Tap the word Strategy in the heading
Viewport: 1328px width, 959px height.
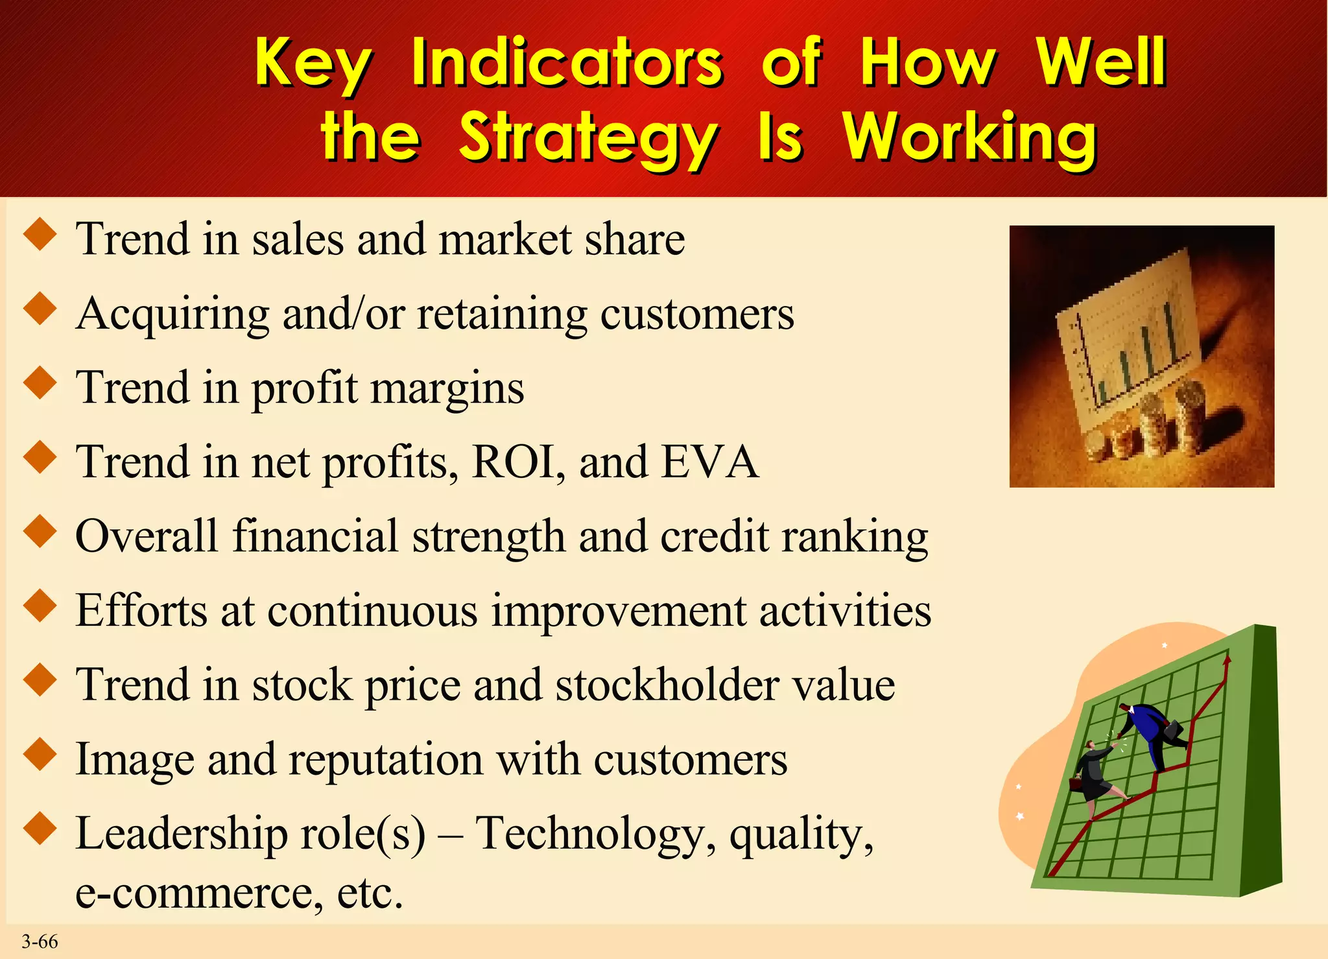(x=587, y=137)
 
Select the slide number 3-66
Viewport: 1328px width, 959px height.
(x=40, y=941)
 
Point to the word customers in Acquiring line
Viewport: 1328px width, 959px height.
(x=696, y=314)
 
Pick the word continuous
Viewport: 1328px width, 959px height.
(x=372, y=611)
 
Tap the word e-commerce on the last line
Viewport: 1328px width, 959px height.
(x=198, y=894)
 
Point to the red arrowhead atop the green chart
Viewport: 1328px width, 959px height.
(x=1226, y=661)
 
